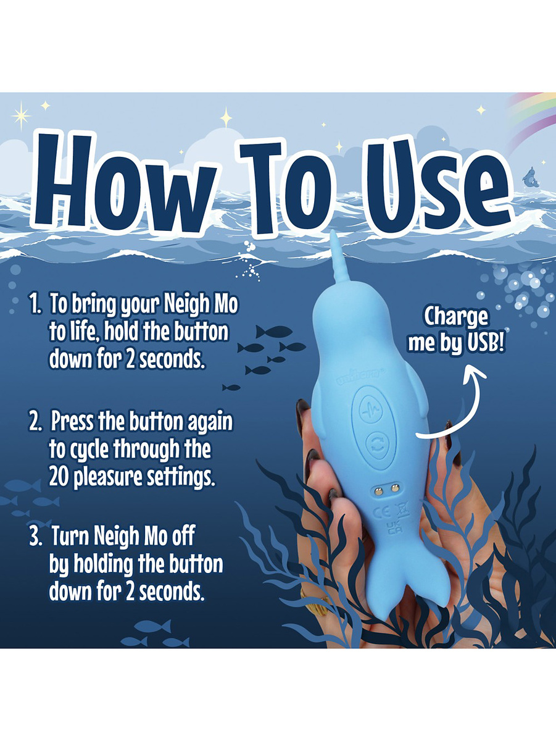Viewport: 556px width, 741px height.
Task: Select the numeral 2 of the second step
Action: pyautogui.click(x=35, y=422)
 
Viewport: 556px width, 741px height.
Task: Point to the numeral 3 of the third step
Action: pyautogui.click(x=35, y=537)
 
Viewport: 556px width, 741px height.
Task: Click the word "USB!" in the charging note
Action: pyautogui.click(x=485, y=345)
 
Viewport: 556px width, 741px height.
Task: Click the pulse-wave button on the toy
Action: pyautogui.click(x=370, y=409)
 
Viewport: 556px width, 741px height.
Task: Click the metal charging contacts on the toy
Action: pyautogui.click(x=385, y=489)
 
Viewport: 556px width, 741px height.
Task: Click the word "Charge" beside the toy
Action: pyautogui.click(x=455, y=317)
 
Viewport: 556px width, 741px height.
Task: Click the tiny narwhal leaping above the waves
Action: pyautogui.click(x=531, y=177)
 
